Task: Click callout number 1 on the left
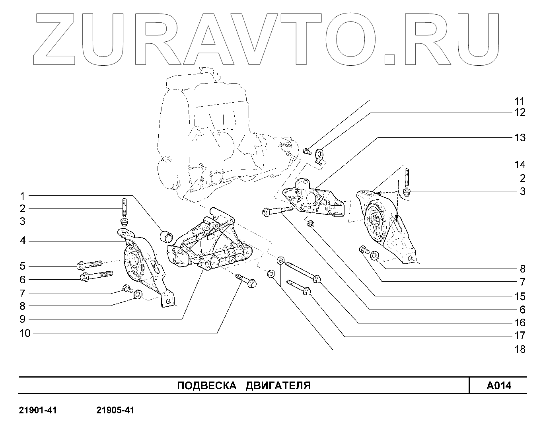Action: click(x=23, y=196)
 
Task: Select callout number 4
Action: click(x=23, y=241)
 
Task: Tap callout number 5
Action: click(x=23, y=266)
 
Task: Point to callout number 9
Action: click(x=23, y=319)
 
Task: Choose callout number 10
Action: click(x=25, y=333)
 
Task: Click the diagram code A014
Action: click(x=498, y=386)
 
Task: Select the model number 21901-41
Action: click(x=38, y=410)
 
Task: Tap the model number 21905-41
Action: click(x=115, y=410)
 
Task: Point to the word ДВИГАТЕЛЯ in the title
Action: click(x=278, y=386)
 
